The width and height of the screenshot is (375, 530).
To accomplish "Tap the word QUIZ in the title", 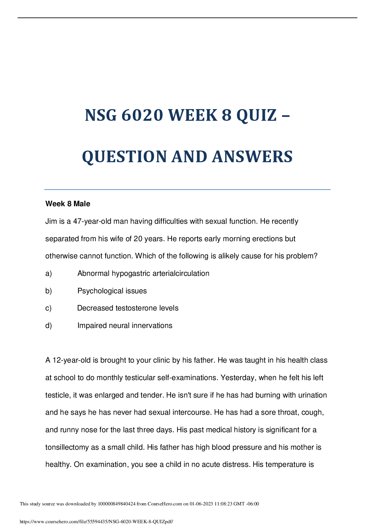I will point(256,115).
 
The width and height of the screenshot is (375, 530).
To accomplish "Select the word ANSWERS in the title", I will point(252,157).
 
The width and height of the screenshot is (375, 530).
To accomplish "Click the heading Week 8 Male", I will point(68,204).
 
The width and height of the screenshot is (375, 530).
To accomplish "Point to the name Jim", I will point(51,221).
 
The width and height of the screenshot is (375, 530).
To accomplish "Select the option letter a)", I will point(49,274).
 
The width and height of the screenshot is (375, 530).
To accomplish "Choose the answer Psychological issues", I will point(112,291).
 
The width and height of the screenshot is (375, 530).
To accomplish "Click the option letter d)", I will point(49,326).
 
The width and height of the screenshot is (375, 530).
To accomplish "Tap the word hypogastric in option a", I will point(131,274).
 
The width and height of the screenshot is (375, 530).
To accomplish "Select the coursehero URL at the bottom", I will point(96,522).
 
